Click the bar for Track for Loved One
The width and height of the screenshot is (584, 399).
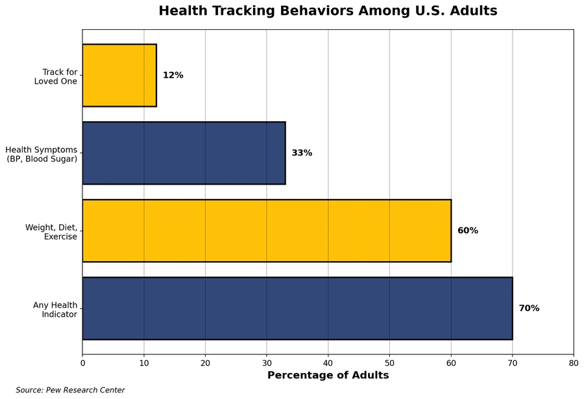tap(119, 75)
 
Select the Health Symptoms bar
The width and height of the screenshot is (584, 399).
tap(184, 153)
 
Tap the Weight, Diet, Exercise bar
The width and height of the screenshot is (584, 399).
tap(267, 231)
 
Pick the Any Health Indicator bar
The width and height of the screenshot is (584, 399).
tap(297, 308)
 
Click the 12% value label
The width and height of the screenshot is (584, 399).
tap(173, 75)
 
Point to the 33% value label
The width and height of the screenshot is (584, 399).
tap(302, 153)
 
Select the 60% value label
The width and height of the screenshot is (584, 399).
tap(468, 231)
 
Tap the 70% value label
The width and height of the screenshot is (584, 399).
tap(529, 308)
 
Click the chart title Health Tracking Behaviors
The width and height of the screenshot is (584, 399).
tap(328, 11)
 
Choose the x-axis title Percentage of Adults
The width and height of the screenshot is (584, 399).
tap(328, 375)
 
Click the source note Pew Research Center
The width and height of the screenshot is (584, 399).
tap(70, 390)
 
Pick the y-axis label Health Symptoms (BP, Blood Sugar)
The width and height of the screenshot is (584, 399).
tap(42, 154)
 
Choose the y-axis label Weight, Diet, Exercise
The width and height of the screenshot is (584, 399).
tap(51, 232)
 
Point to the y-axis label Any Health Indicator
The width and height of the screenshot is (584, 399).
tap(55, 310)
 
